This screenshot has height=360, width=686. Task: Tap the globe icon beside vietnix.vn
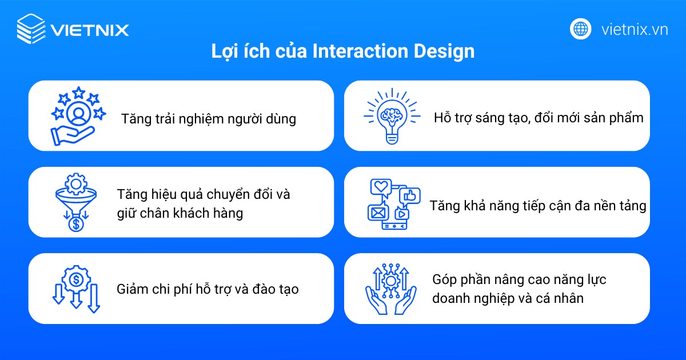pos(580,29)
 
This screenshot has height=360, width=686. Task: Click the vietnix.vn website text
pos(635,29)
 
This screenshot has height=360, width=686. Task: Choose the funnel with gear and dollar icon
pos(75,202)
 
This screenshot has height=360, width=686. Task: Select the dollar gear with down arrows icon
pos(76,289)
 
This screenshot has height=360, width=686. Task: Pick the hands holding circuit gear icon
pos(391,289)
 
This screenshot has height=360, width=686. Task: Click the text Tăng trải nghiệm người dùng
pos(209,119)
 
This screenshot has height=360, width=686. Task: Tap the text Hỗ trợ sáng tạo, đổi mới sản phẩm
pos(539,118)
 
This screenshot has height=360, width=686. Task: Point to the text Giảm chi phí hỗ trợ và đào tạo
pos(208,289)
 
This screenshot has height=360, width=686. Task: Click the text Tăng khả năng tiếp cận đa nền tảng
pos(538,206)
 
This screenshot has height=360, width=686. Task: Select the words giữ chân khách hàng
pos(180,213)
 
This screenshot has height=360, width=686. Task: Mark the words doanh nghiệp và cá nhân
pos(508,298)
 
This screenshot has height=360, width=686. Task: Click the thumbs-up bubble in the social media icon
pos(410,196)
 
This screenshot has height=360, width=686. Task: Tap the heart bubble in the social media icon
pos(380,187)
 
